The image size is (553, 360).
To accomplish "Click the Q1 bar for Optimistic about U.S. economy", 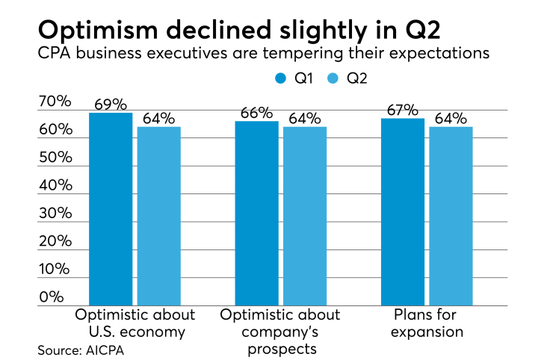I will coord(111,209).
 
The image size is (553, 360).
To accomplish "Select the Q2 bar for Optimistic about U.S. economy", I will coord(158,217).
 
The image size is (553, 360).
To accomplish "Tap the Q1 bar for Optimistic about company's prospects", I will coord(256,214).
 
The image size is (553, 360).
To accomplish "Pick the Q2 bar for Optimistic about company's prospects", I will coord(305,217).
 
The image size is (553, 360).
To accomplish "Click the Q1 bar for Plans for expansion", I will coord(403,212).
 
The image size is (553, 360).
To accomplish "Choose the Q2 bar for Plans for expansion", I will coord(451,217).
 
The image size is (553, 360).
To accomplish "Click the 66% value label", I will coord(256,113).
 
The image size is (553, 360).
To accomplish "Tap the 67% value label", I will coord(403,110).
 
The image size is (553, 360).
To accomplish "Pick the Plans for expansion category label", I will coord(427,321).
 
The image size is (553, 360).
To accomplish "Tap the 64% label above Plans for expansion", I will coord(451,119).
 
